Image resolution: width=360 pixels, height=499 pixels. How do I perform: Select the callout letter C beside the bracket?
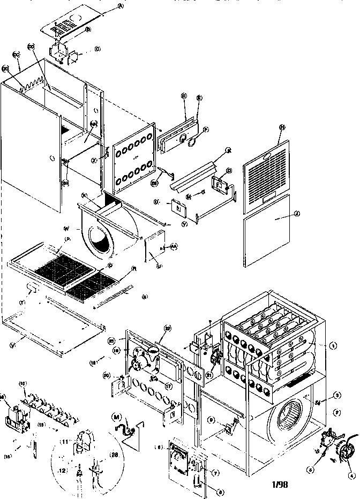(97, 49)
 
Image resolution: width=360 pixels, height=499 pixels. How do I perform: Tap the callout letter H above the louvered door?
(281, 127)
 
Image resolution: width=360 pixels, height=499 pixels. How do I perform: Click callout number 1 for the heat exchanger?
(333, 346)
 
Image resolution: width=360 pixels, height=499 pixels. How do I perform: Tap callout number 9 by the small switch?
(212, 420)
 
